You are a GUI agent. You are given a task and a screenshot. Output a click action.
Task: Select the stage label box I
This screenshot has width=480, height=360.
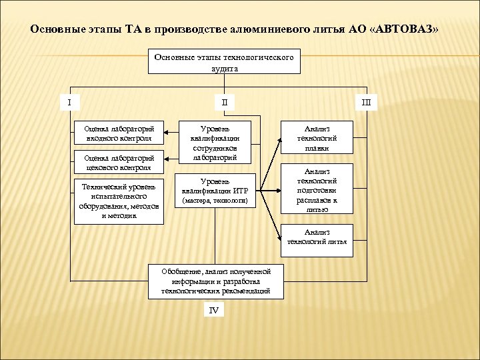click(69, 102)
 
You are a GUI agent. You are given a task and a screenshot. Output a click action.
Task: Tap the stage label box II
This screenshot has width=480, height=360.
click(224, 102)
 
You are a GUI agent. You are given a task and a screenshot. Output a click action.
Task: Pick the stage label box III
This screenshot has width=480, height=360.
click(366, 102)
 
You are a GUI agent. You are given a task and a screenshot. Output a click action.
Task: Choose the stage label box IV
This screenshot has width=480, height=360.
click(213, 311)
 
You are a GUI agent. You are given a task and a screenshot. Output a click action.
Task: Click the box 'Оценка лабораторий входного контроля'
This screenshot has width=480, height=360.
click(119, 133)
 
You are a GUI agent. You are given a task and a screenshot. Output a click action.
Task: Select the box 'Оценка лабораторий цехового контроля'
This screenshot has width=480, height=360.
click(119, 163)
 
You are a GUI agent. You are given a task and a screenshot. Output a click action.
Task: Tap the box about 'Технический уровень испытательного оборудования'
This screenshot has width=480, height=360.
click(119, 201)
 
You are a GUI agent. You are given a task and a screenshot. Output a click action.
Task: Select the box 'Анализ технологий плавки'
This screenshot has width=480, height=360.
click(317, 138)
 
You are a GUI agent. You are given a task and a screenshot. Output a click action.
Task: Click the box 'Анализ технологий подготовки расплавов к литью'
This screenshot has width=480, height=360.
click(317, 190)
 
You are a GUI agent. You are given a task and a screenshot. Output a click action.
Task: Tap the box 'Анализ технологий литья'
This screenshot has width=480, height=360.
click(317, 237)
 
